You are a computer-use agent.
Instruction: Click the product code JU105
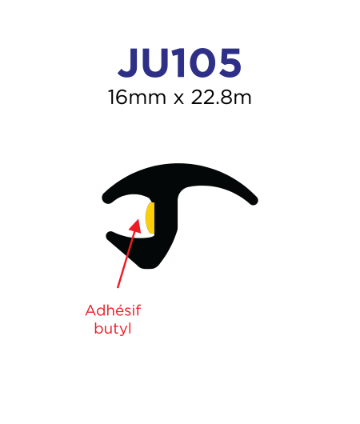[179, 62]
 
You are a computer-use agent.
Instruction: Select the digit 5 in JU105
[230, 62]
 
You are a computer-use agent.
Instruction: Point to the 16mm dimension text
[137, 97]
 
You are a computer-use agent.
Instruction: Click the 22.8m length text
[222, 97]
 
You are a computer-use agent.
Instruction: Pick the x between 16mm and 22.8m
[178, 99]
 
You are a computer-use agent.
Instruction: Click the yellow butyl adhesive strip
[150, 218]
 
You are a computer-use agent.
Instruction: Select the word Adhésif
[113, 310]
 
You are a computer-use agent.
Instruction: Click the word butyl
[113, 329]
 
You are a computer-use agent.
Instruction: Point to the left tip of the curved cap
[106, 198]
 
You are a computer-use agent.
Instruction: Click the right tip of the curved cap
[254, 200]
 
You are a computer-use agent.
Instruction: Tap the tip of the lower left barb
[110, 235]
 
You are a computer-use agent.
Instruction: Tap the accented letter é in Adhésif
[119, 310]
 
